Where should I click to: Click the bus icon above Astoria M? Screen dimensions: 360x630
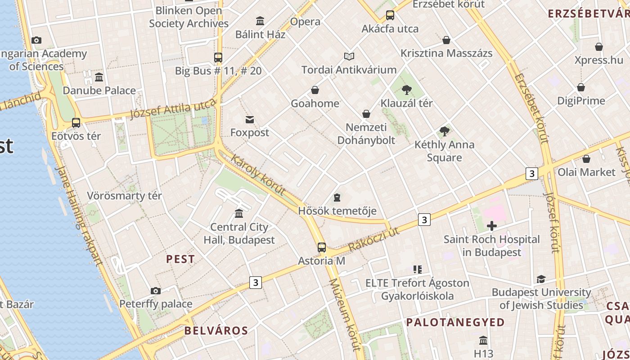point(322,247)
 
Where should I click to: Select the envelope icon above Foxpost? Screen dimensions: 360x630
point(250,119)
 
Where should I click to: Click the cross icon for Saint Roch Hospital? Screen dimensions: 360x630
point(492,225)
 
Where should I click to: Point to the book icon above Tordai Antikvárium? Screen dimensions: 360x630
point(349,56)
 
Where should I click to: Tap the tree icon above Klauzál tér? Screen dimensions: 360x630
point(407,90)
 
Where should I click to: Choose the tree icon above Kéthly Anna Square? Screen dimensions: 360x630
point(445,131)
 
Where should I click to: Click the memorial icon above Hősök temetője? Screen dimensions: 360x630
point(337,197)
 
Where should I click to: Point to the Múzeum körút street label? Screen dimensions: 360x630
point(345,314)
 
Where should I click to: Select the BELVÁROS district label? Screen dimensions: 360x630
point(216,331)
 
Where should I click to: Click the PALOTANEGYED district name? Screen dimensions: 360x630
point(455,322)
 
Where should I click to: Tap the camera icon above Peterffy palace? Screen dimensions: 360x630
point(156,291)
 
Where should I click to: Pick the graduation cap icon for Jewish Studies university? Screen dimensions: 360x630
point(541,279)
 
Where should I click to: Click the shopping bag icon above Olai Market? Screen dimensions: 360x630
point(586,159)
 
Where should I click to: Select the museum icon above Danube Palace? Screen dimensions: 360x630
point(99,77)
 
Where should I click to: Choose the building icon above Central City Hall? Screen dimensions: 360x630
point(239,213)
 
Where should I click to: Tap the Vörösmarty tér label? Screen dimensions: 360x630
point(124,196)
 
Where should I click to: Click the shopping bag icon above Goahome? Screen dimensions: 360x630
point(315,90)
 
